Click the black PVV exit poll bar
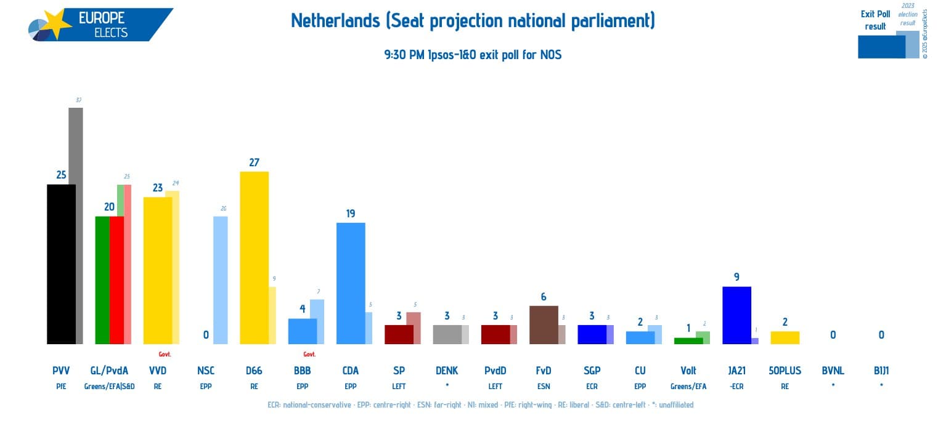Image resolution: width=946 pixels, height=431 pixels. coord(61,264)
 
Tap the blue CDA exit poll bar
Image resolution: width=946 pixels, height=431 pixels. coord(350,283)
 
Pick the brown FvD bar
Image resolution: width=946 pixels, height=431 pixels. coord(543,324)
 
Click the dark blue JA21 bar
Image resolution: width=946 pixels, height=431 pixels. coord(736,315)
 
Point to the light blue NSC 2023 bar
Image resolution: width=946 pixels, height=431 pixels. coord(220,280)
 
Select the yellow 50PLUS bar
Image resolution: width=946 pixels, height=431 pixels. coord(785,337)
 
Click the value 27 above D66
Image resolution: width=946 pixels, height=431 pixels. coord(254,163)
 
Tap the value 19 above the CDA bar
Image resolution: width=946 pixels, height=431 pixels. coord(350,214)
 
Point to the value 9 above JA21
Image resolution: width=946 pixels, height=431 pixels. coord(736,277)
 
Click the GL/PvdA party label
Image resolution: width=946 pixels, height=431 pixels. coord(109,371)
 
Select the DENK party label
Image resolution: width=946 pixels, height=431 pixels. coord(447,371)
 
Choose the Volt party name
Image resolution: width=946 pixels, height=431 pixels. coord(688,371)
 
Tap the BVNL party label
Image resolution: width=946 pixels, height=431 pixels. coord(833,371)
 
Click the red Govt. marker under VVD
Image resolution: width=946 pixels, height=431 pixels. coord(165,354)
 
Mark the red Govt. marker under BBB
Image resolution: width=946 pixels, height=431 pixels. coord(309,354)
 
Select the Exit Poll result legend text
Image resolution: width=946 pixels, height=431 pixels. coord(875,20)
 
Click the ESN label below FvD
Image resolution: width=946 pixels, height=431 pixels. coord(543,387)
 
